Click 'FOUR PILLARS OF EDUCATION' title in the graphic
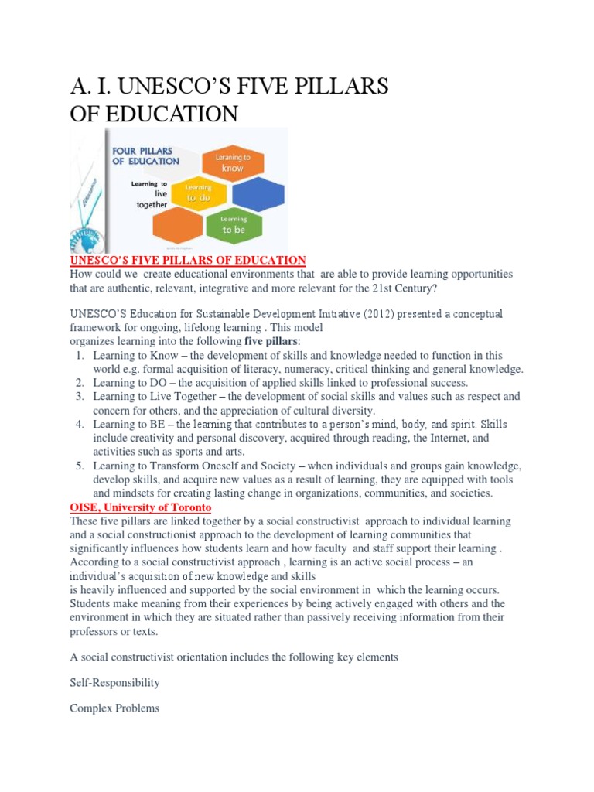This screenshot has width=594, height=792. pyautogui.click(x=146, y=155)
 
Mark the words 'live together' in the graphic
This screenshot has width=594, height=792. pyautogui.click(x=152, y=198)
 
